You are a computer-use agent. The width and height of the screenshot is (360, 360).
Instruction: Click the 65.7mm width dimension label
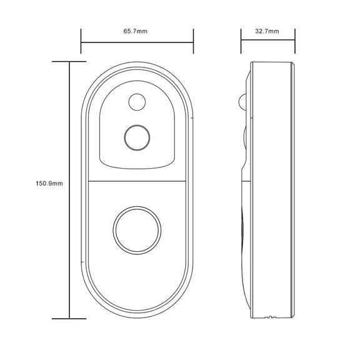[x=136, y=31]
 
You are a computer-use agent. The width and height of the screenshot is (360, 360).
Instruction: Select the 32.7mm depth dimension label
[x=267, y=31]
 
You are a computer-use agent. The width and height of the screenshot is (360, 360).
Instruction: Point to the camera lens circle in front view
[x=136, y=137]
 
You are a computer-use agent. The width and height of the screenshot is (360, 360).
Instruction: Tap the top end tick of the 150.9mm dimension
[x=69, y=62]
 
